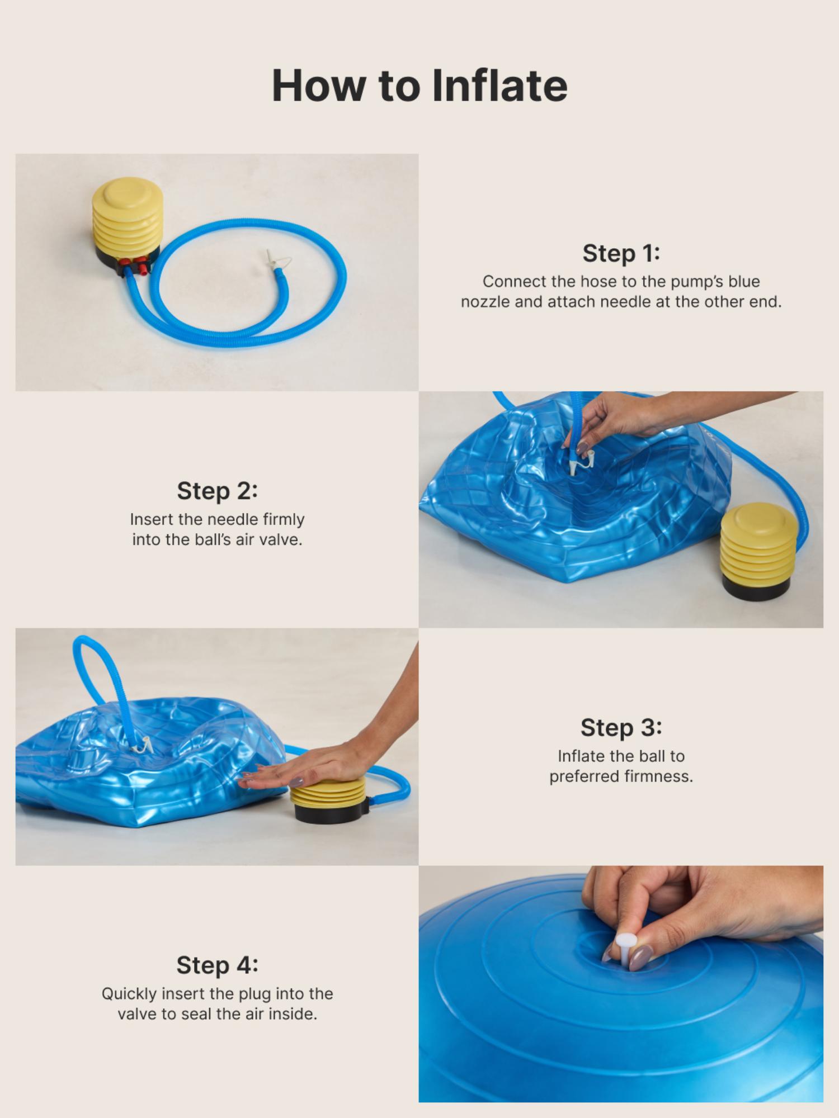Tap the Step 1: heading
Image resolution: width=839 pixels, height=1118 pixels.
pyautogui.click(x=621, y=253)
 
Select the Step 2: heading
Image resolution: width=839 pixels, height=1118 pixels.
pyautogui.click(x=217, y=491)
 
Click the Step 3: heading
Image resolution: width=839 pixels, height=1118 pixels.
pyautogui.click(x=621, y=728)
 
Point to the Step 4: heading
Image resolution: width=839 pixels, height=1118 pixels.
pyautogui.click(x=217, y=965)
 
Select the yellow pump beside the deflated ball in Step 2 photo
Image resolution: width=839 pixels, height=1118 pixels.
pyautogui.click(x=755, y=548)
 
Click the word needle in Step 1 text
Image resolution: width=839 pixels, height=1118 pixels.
pyautogui.click(x=625, y=302)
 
